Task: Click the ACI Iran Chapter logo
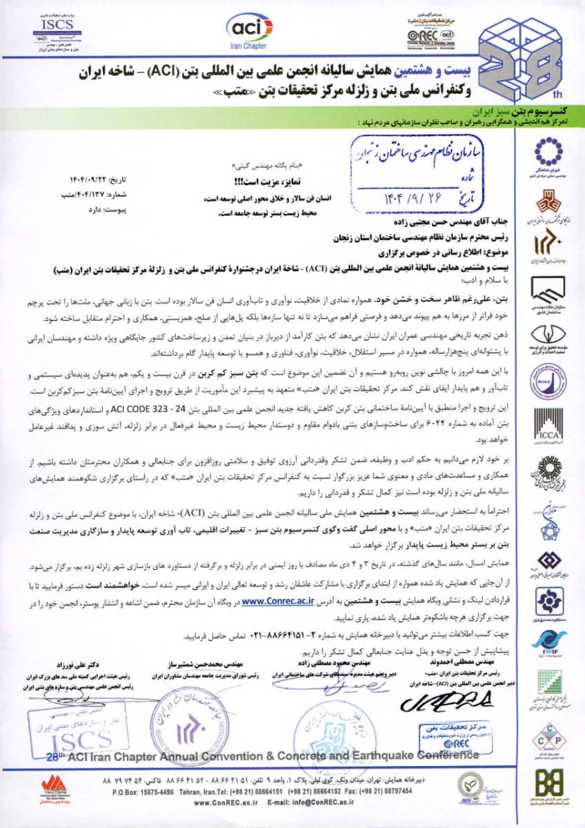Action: tap(247, 31)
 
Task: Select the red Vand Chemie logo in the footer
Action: tap(52, 788)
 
